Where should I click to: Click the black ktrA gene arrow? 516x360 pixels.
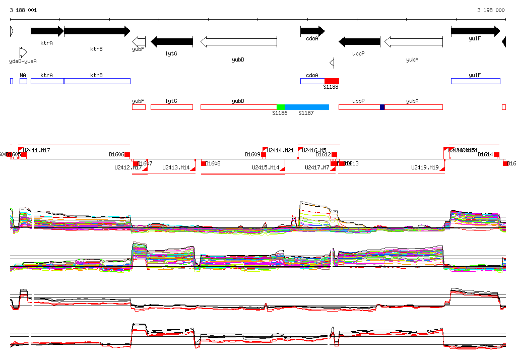[47, 31]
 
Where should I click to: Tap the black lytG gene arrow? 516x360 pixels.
[172, 41]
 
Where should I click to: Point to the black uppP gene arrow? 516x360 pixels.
[359, 41]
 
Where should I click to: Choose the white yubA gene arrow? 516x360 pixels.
[413, 41]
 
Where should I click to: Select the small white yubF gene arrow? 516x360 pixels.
[139, 41]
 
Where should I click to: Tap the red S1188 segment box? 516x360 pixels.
[332, 81]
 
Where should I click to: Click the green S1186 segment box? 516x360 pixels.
[281, 107]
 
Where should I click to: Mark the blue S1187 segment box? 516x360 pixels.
[307, 107]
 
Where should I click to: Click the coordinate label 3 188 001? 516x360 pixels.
[23, 10]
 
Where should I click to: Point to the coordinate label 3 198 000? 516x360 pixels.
[491, 10]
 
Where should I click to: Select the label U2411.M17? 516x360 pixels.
[37, 150]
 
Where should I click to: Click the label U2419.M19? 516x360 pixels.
[425, 167]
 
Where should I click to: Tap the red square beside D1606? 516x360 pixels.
[127, 154]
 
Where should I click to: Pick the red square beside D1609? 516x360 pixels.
[264, 154]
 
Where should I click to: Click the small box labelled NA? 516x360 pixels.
[23, 81]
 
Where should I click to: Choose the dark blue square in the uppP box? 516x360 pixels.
[382, 107]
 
